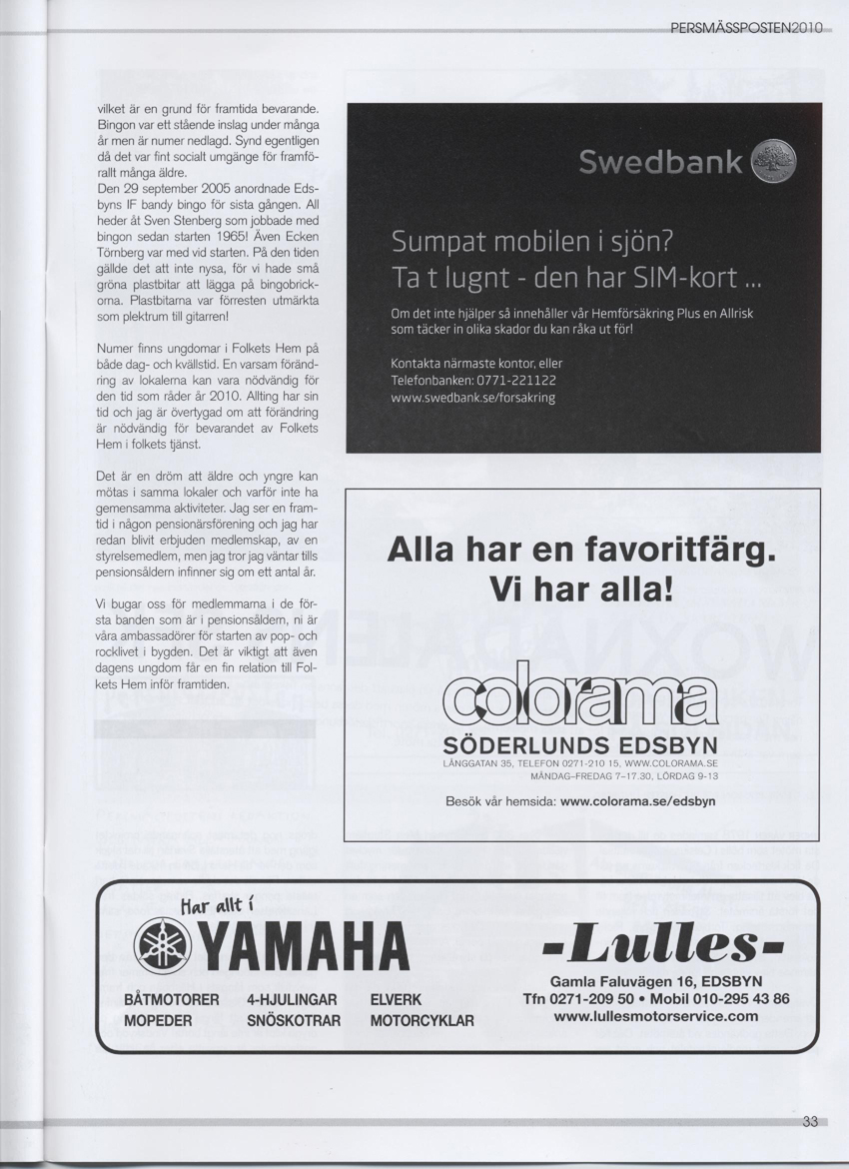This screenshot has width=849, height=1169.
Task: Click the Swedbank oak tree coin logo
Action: coord(774,161)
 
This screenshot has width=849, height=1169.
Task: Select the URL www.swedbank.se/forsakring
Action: coord(472,397)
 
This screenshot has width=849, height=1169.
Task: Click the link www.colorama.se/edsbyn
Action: coord(638,800)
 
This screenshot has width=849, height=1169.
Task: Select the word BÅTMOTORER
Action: coord(171,1000)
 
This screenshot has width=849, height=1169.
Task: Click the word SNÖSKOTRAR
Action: coord(294,1021)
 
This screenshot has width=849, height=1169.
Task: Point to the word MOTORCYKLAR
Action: coord(422,1021)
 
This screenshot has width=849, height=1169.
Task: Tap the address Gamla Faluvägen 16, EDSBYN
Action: coord(655,980)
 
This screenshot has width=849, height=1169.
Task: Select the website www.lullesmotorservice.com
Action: coord(655,1016)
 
